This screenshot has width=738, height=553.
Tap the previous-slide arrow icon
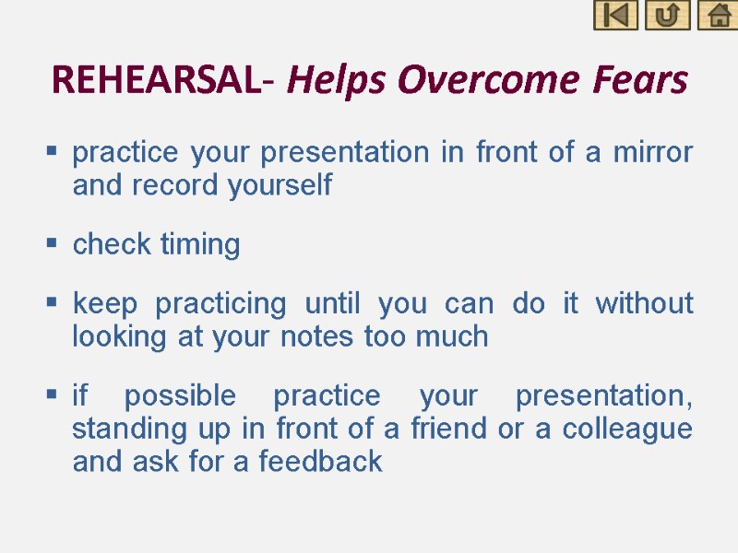615,16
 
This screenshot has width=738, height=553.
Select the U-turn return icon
667,16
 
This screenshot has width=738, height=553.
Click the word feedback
321,461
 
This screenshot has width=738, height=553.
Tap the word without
644,303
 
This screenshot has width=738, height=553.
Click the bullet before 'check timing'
53,244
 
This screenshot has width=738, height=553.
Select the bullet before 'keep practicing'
53,302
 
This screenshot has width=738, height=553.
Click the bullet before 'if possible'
53,395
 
